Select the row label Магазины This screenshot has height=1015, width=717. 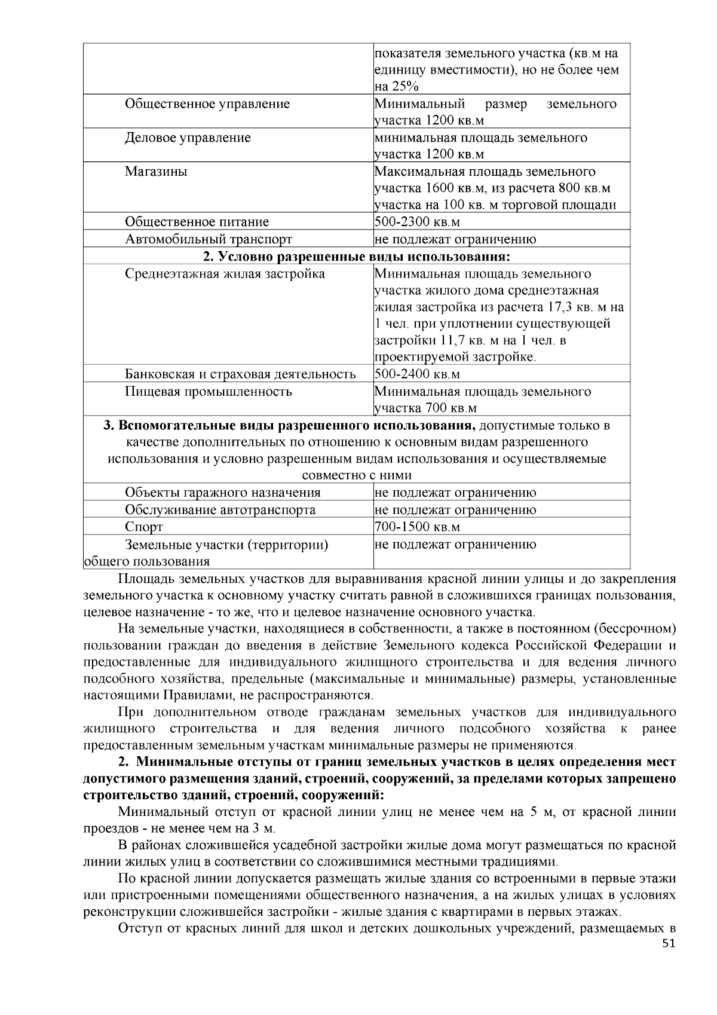(156, 172)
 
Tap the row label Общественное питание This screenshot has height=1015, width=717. (197, 222)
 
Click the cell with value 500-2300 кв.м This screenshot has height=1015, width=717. (417, 222)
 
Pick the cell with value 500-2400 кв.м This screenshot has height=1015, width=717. (417, 374)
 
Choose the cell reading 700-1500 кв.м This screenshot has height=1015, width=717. (417, 527)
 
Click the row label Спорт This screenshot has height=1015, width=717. (143, 527)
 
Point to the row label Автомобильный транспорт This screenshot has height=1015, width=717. (209, 239)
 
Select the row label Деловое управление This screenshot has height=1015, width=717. (188, 137)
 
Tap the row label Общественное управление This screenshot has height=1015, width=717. (207, 104)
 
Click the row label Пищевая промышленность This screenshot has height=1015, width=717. (209, 392)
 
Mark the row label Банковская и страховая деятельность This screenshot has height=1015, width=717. (240, 374)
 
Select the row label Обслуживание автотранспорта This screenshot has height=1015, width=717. (220, 510)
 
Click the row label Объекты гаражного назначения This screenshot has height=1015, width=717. (222, 493)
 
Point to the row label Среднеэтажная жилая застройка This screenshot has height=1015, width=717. (225, 274)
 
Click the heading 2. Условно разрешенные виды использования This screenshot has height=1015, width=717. (357, 256)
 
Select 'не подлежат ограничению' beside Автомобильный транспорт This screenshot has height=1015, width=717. (455, 239)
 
